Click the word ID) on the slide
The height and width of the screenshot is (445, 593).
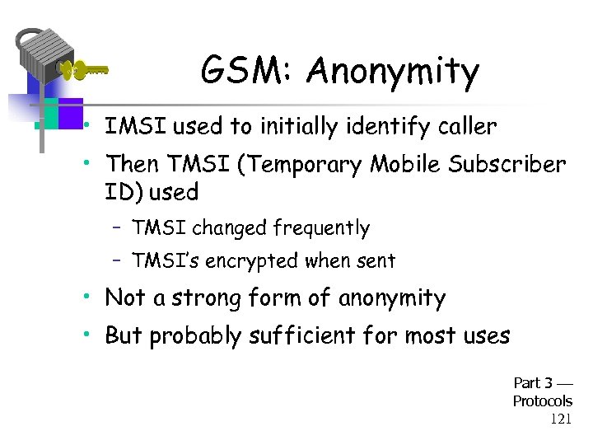[124, 193]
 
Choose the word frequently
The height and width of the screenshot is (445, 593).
[322, 227]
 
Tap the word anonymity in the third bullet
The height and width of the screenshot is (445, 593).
[392, 298]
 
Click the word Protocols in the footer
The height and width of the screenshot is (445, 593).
[542, 400]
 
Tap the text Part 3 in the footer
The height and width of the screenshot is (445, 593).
[533, 382]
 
